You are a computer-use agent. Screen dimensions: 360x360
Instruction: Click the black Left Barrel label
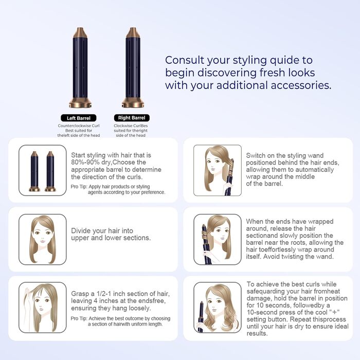point(79,118)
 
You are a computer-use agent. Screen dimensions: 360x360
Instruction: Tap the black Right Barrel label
point(132,118)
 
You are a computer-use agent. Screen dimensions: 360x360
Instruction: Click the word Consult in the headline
point(185,60)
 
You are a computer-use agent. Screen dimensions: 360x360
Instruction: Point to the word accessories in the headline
point(301,85)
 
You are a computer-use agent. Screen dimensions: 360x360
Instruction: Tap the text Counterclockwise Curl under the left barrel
point(79,125)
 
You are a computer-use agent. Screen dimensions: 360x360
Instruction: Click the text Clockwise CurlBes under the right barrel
point(131,125)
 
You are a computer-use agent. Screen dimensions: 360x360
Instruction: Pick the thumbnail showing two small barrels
point(43,170)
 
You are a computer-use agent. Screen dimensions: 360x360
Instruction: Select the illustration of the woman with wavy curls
point(218,308)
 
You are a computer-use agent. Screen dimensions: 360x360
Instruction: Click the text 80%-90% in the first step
point(85,163)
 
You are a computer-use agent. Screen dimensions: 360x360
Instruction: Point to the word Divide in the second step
point(81,230)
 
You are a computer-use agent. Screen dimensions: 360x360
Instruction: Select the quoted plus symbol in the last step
point(334,312)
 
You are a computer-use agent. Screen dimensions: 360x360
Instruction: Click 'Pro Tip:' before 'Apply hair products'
point(79,187)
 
